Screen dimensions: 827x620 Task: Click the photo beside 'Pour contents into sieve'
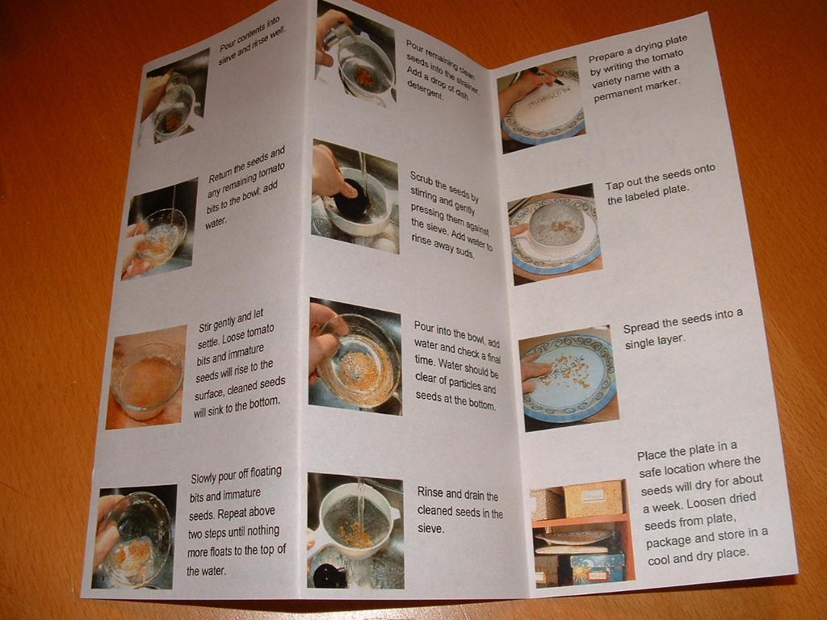174,97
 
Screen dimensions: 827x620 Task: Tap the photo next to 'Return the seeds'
160,228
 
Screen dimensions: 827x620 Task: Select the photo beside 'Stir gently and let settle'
146,377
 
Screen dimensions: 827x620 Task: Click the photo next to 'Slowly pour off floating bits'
135,537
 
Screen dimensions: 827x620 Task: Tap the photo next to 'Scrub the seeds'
355,196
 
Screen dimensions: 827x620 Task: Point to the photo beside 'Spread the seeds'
569,378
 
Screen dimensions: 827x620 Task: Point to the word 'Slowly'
203,479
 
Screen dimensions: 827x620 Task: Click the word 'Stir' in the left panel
205,326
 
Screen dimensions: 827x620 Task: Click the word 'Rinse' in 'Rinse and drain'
430,493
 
